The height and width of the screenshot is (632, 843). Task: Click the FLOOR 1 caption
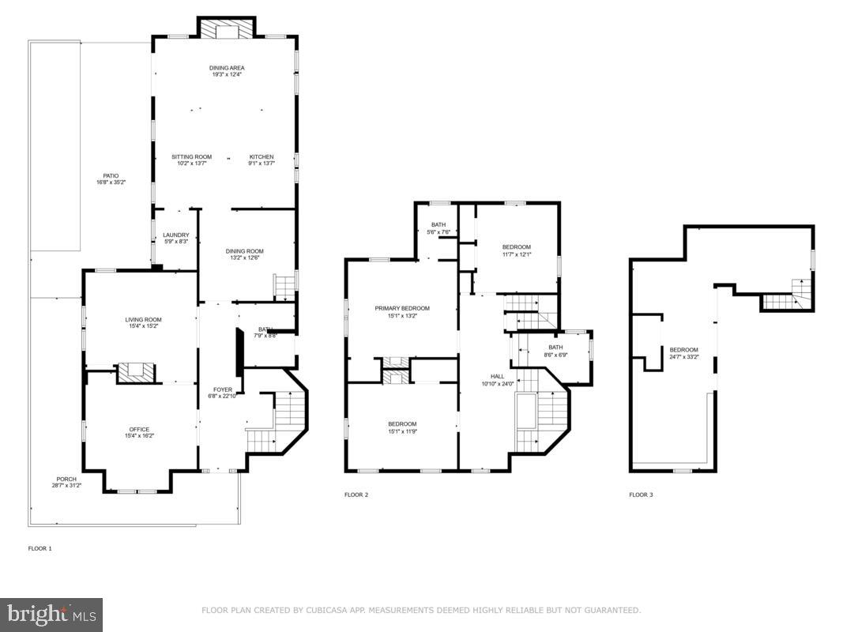coord(40,547)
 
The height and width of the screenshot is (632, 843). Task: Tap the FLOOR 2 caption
coord(356,495)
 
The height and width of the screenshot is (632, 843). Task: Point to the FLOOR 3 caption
coord(641,495)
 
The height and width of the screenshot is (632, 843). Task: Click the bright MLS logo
coord(51,614)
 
